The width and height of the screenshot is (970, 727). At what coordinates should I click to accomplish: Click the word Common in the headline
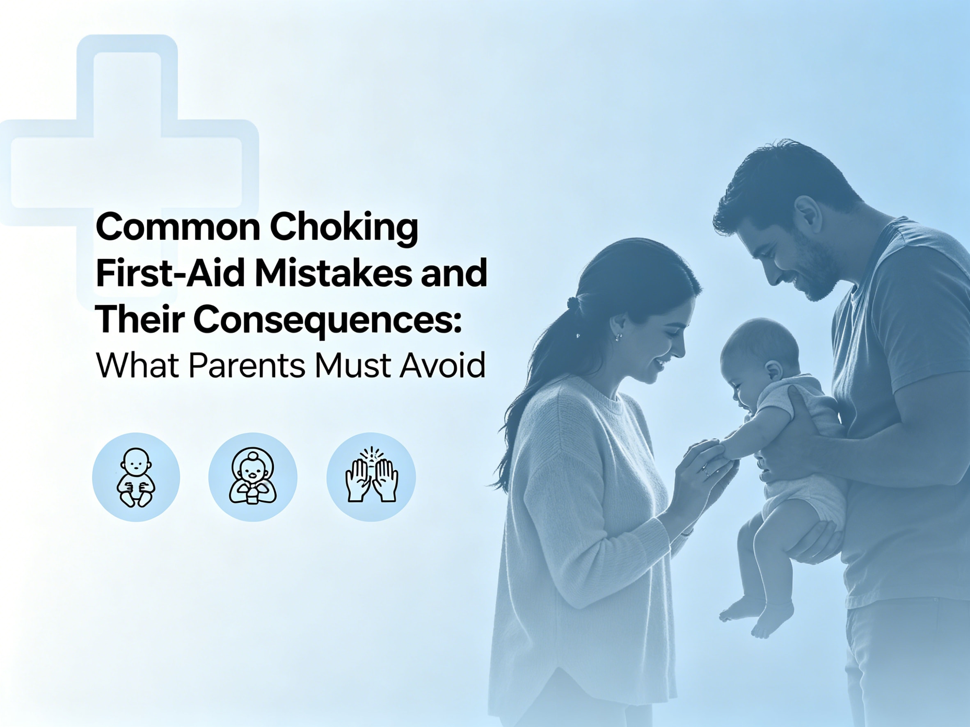click(x=178, y=228)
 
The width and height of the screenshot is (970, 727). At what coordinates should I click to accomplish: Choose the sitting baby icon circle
click(x=136, y=477)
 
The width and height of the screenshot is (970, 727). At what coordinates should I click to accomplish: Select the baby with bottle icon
click(x=253, y=477)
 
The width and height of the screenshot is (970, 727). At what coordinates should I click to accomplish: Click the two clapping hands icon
click(x=371, y=477)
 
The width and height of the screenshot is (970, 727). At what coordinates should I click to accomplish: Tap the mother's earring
click(x=619, y=337)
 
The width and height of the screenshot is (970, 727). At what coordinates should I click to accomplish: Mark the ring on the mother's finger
click(x=706, y=472)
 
